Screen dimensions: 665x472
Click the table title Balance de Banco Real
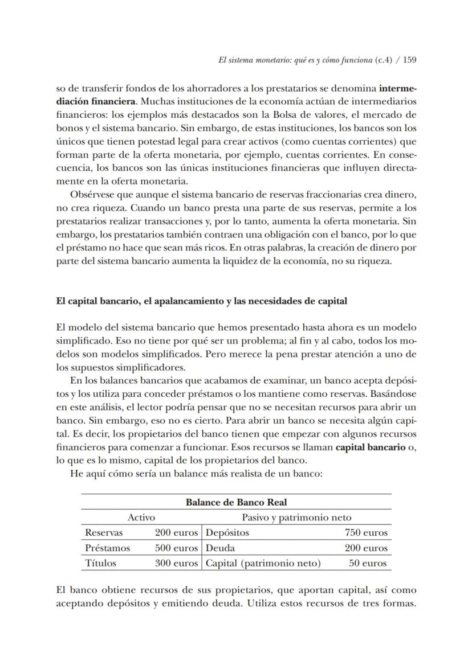(x=236, y=502)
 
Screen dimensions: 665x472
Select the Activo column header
(x=141, y=517)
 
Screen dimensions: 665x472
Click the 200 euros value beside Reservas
(x=176, y=532)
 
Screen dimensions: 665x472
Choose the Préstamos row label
(x=107, y=548)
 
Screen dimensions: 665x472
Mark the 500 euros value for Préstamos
(x=176, y=548)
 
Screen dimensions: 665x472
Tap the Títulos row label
(x=100, y=563)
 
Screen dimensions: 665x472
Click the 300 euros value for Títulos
(x=176, y=563)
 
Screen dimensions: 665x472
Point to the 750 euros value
(x=366, y=532)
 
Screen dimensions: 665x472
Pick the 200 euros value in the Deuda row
(x=366, y=548)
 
